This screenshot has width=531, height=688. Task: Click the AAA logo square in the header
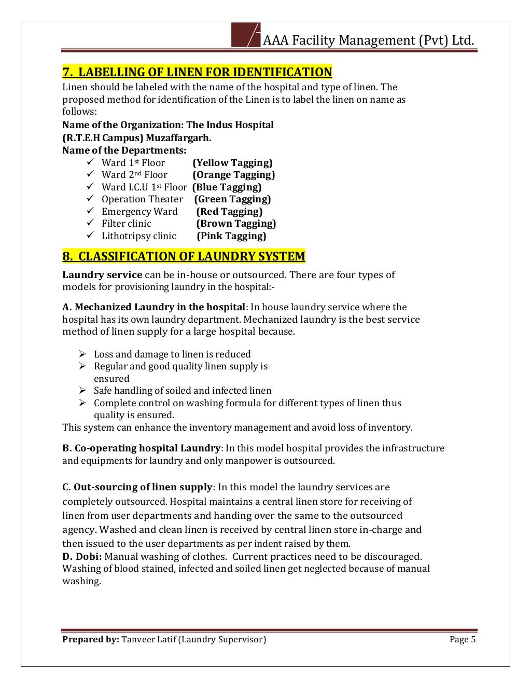pos(245,35)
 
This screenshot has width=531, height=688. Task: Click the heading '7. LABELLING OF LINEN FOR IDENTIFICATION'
pos(197,72)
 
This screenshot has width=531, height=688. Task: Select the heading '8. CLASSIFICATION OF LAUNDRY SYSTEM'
pos(184,256)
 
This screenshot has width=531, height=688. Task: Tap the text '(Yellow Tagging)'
pos(232,163)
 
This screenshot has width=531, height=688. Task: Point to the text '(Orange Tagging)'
pos(233,175)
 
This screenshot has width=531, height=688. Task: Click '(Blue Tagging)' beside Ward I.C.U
pos(227,187)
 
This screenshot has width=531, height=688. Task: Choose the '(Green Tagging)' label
pos(232,199)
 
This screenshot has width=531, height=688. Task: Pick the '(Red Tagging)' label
pos(229,212)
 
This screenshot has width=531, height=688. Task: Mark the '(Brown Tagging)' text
pos(236,224)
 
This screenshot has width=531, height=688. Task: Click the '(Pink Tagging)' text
pos(231,236)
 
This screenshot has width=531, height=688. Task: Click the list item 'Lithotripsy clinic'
pos(138,236)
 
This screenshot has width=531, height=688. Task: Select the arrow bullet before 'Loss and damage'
pos(83,354)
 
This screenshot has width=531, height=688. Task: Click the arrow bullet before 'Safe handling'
pos(83,390)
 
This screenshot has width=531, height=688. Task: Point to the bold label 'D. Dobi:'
pos(82,557)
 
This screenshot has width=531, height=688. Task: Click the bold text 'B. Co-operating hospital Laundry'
pos(142,448)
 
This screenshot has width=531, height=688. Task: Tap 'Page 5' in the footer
pos(463,640)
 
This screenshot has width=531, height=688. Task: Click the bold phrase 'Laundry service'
pos(102,275)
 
